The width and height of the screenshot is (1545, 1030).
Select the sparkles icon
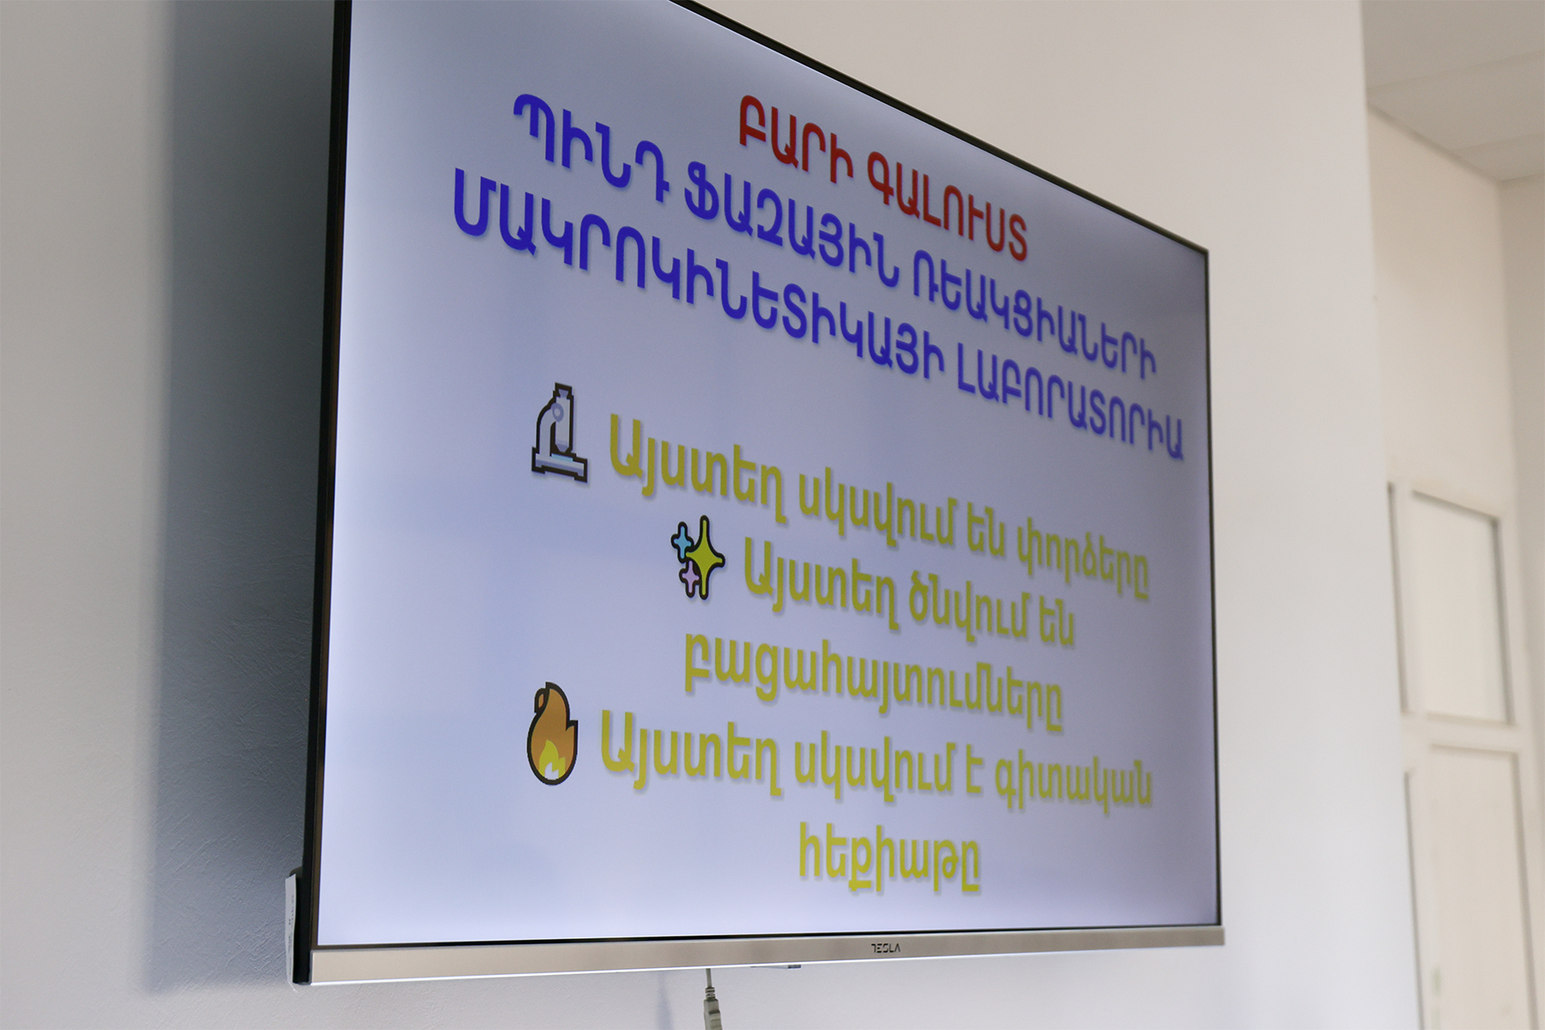click(697, 557)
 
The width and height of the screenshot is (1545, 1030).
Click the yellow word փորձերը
click(1081, 559)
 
